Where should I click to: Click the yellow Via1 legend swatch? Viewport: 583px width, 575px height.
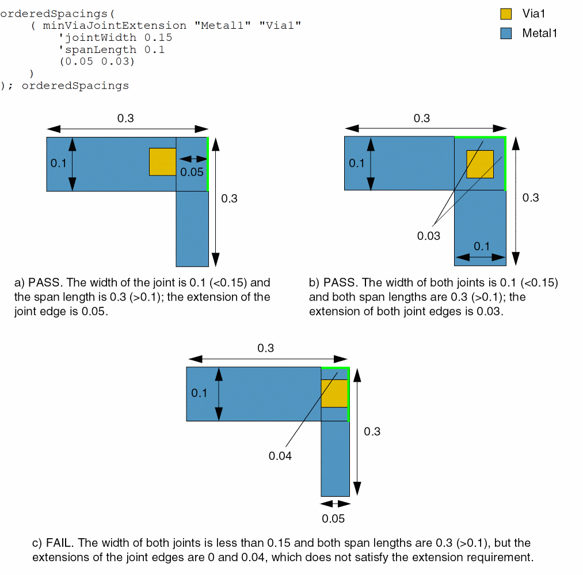tap(506, 14)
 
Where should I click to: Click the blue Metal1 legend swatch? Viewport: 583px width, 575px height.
tap(506, 33)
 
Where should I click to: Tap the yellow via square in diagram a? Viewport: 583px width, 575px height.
tap(162, 162)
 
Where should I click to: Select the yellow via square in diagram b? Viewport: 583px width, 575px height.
tap(480, 164)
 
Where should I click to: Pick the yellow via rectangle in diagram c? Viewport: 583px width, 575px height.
tap(334, 394)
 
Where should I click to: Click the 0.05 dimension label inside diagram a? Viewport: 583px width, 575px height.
tap(192, 172)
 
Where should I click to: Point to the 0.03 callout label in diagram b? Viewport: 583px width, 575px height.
tap(428, 235)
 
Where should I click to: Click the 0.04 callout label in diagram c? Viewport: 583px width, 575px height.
tap(280, 456)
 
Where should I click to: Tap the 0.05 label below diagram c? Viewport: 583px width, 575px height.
tap(333, 519)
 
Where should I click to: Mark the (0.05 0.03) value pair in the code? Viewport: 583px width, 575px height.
tap(97, 62)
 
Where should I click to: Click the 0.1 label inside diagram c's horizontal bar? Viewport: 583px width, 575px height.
tap(199, 393)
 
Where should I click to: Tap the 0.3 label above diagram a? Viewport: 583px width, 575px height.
tap(125, 119)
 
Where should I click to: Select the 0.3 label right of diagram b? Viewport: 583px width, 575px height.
tap(531, 197)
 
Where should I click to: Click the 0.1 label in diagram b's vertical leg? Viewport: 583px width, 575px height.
tap(482, 246)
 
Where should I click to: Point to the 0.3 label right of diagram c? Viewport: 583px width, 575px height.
tap(372, 431)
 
